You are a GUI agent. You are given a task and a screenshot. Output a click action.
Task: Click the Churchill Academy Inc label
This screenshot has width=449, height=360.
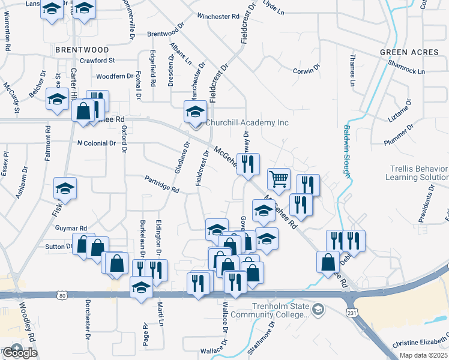247,123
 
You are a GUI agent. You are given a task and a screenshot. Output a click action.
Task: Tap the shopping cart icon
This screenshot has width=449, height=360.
279,178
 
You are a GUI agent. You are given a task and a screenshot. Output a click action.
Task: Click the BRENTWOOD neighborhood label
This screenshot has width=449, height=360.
82,50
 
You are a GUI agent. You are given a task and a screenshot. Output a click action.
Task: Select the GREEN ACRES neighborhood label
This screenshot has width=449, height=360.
409,52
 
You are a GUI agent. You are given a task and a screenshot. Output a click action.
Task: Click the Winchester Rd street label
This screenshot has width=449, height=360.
218,16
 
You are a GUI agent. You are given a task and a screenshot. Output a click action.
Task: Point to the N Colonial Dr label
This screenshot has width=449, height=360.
97,143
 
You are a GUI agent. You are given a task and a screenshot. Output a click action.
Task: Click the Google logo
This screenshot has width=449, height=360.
19,352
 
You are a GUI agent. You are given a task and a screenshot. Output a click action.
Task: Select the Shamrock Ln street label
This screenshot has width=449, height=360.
406,66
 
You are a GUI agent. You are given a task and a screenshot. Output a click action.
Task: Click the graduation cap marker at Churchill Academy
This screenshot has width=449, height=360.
195,111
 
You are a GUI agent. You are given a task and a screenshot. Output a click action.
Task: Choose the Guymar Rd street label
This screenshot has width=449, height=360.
71,229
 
